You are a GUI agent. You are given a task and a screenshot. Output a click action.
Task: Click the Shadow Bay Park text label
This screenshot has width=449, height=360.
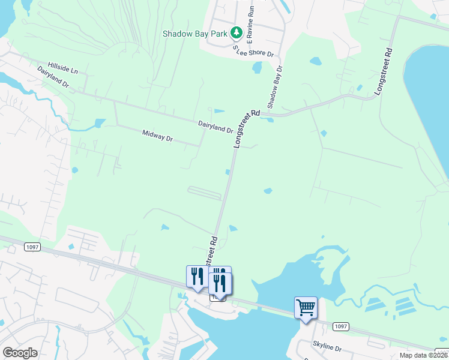click(x=196, y=34)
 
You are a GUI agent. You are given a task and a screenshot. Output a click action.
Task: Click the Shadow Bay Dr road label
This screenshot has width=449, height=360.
click(x=275, y=87)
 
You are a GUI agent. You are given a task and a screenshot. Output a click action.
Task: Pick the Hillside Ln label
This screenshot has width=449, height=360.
click(x=63, y=68)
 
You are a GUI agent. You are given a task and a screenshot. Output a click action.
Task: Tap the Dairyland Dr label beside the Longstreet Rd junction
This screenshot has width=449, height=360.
click(x=215, y=126)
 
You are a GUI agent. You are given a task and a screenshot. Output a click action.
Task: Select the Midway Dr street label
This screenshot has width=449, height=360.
click(x=157, y=136)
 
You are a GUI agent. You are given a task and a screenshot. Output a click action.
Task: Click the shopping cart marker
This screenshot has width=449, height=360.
click(x=306, y=308)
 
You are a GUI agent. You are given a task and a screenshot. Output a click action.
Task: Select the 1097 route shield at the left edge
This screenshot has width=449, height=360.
click(x=33, y=247)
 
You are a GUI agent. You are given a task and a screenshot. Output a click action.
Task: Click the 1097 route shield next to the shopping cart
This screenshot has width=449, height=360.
click(x=340, y=326)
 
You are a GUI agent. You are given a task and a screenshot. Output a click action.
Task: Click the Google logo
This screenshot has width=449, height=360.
click(x=20, y=353)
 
